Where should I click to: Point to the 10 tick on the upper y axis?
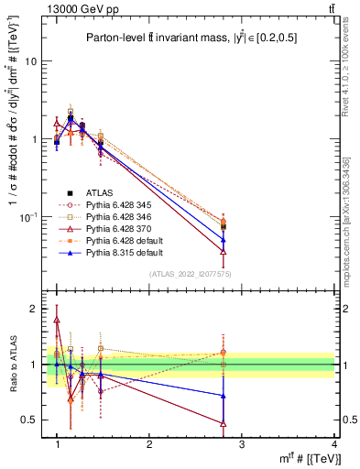pos(31,61)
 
